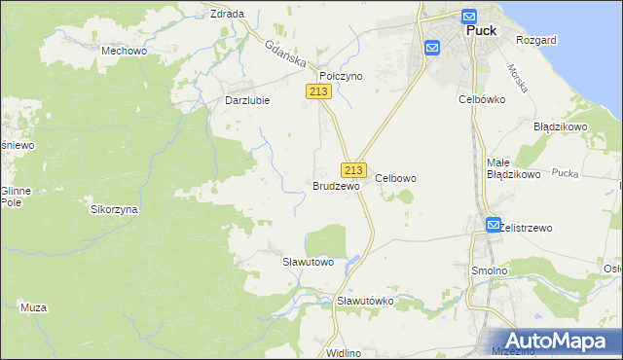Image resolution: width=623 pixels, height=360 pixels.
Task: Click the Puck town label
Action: [482, 30]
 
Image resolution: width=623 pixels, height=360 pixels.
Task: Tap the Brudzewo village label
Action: [337, 185]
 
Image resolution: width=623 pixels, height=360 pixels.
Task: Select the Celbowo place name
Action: [396, 178]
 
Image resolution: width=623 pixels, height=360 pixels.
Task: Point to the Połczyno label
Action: [342, 75]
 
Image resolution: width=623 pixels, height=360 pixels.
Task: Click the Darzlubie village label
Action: [247, 99]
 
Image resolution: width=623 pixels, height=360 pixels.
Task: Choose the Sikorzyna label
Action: [114, 209]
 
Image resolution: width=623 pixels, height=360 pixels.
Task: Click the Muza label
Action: [33, 307]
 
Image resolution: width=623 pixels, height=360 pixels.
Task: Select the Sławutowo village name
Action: [308, 262]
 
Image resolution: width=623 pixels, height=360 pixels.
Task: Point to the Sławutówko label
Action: [365, 301]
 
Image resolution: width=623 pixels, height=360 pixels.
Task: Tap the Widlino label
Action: [345, 352]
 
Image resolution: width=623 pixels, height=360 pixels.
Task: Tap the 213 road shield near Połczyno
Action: [319, 91]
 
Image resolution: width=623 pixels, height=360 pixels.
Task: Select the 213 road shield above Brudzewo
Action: [353, 168]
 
